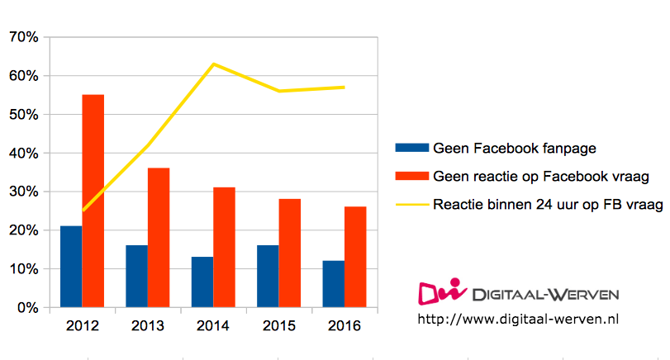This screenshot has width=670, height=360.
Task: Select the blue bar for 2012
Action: pos(71,267)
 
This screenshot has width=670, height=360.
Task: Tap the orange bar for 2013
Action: pos(159,238)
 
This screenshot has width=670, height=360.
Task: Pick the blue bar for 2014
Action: pos(202,282)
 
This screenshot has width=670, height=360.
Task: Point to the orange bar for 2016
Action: pos(354,257)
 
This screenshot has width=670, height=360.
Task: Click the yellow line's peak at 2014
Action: pos(213,64)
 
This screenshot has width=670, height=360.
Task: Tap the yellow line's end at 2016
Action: pos(344,87)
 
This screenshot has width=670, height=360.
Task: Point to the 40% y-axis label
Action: pos(23,154)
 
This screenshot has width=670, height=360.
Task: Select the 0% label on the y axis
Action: pos(27,308)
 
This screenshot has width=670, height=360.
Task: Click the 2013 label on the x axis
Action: pos(148,326)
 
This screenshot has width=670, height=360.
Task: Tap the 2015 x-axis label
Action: pos(278,326)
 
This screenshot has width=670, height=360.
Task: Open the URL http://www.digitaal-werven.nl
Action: pos(519,318)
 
